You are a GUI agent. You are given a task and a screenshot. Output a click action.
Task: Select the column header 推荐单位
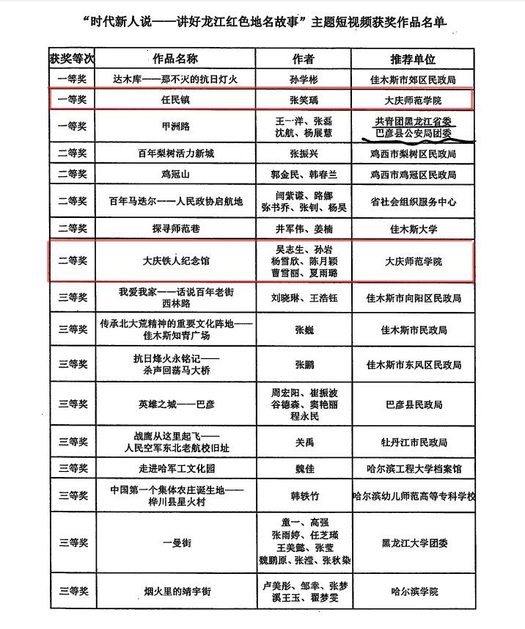pos(414,58)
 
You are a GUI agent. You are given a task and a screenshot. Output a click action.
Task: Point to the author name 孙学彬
pos(303,77)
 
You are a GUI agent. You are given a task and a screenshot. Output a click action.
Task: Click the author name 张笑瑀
pos(303,98)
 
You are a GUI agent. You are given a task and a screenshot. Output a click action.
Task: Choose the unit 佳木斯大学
pos(414,229)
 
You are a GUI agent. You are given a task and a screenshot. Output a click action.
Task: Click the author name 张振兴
pos(303,154)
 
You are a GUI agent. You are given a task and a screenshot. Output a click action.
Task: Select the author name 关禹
pos(303,442)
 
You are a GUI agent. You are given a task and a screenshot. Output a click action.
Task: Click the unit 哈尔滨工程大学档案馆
pos(414,468)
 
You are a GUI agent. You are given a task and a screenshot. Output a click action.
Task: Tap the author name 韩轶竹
pos(303,495)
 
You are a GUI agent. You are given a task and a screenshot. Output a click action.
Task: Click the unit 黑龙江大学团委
pos(414,543)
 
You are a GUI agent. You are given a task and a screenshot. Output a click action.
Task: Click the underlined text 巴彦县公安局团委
pos(414,134)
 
